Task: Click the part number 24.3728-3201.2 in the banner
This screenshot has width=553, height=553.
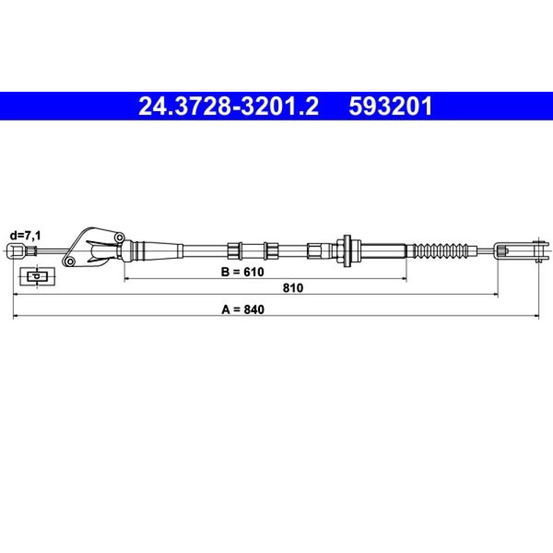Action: pos(228,106)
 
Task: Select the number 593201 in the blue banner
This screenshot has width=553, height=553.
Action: pos(390,106)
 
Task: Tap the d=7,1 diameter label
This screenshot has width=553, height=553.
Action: pos(25,235)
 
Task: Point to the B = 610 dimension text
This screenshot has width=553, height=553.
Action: pos(243,272)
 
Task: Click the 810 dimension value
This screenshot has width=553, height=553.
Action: pos(293,288)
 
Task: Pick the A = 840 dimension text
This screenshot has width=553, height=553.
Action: pos(243,309)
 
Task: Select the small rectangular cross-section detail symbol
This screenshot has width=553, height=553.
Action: pos(38,276)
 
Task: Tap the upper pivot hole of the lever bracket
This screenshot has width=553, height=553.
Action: pos(120,237)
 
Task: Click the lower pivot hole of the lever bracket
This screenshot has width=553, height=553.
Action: pos(70,262)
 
